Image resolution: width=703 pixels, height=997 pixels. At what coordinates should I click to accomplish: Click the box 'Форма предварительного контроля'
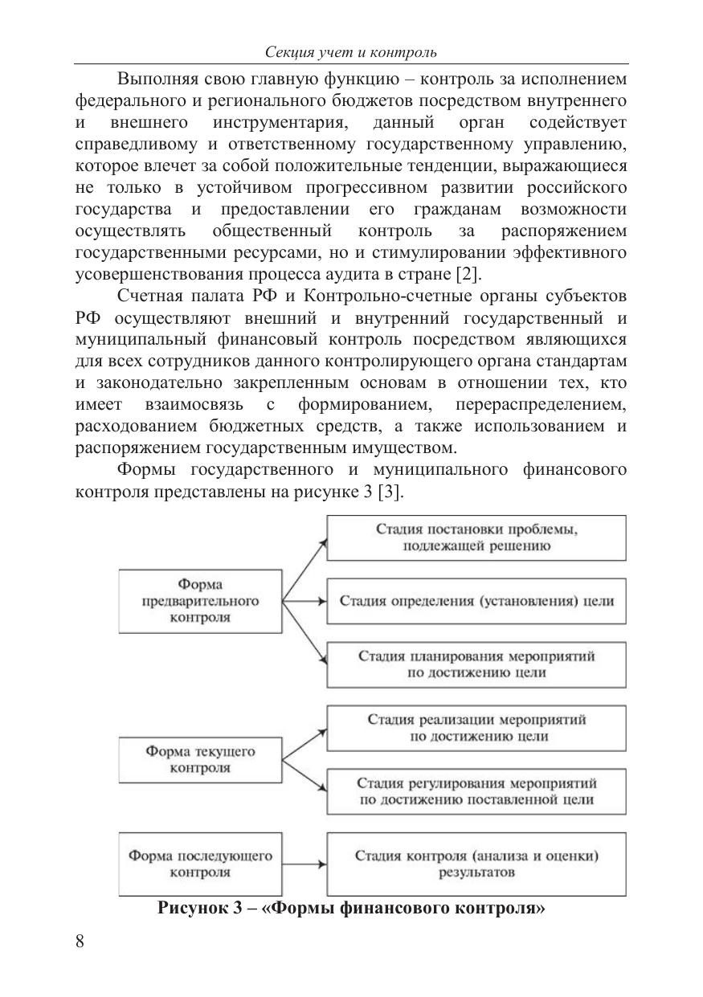200,601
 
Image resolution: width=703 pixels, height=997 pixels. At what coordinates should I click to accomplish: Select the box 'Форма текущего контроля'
200,759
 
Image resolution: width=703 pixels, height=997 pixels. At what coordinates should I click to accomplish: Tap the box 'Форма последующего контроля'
200,864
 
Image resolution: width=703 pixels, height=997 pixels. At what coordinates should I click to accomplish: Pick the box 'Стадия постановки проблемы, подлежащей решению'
476,537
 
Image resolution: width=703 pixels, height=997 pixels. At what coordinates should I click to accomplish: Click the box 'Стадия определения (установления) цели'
476,601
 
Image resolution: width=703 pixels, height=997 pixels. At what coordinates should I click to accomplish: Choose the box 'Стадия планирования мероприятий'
476,664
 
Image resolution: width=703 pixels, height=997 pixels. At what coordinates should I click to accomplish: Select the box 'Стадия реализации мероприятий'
476,727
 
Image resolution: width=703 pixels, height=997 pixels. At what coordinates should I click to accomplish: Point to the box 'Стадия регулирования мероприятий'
476,791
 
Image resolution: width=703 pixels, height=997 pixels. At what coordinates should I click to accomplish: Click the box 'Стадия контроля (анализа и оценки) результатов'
476,864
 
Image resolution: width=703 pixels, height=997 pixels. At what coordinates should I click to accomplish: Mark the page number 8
80,942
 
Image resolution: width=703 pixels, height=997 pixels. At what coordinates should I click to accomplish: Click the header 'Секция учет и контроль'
351,53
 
